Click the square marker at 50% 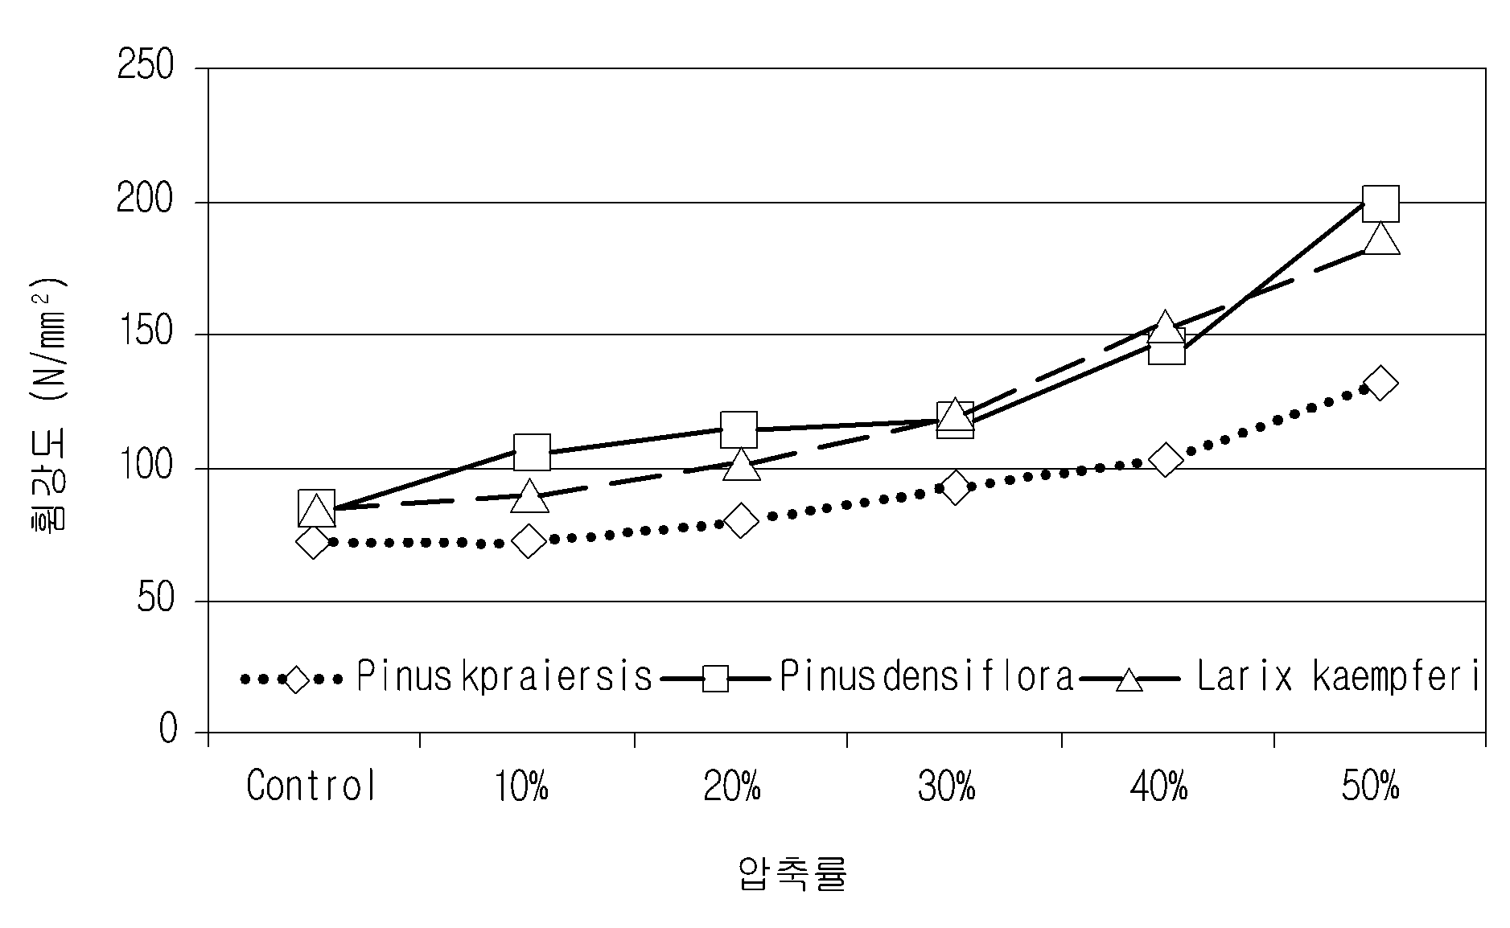1380,203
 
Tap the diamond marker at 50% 1380,383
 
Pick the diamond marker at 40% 1166,460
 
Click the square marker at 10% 532,451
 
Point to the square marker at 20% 739,429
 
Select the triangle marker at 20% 741,465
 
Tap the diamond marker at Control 313,542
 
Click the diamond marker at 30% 955,487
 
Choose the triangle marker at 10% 529,496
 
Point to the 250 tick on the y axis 146,65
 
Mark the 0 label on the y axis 167,730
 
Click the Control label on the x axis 311,786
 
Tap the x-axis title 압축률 792,873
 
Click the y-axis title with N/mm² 50,402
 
